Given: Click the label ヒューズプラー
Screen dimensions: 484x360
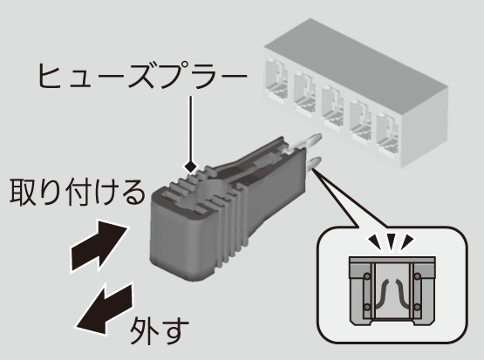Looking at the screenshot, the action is pyautogui.click(x=142, y=76).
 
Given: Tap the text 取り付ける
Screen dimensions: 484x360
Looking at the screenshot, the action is pyautogui.click(x=78, y=192).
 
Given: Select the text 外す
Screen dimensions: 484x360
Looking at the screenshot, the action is pyautogui.click(x=159, y=331).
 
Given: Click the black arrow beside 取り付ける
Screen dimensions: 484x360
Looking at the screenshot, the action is pyautogui.click(x=99, y=245).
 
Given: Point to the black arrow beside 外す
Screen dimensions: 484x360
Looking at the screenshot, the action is pyautogui.click(x=105, y=309).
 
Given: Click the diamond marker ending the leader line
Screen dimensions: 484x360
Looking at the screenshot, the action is pyautogui.click(x=190, y=167).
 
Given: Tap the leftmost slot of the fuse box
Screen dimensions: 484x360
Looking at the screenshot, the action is pyautogui.click(x=276, y=78).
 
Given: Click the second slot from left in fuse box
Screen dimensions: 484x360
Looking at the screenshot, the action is pyautogui.click(x=304, y=92).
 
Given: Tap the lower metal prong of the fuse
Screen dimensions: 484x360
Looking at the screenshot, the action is pyautogui.click(x=314, y=163).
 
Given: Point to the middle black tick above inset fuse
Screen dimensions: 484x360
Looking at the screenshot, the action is pyautogui.click(x=391, y=241).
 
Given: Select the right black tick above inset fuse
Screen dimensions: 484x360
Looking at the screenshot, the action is pyautogui.click(x=407, y=241).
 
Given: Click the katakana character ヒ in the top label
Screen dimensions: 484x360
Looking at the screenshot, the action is pyautogui.click(x=50, y=76).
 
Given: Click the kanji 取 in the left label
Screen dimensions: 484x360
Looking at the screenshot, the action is pyautogui.click(x=24, y=192).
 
